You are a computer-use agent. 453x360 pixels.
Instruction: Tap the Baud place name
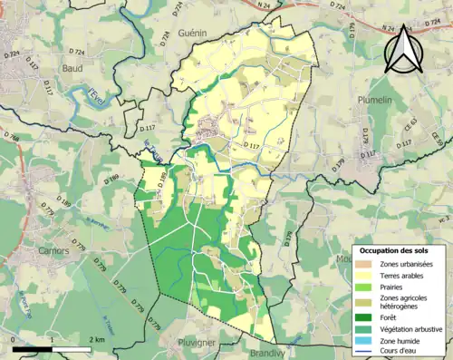(72, 67)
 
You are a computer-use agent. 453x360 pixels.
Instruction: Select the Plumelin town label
(374, 100)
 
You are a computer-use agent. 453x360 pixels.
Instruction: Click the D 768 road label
(11, 138)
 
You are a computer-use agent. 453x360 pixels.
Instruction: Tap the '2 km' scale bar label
(99, 339)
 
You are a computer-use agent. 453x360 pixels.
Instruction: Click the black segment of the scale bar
(33, 347)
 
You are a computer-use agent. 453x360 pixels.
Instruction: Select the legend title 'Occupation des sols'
(398, 249)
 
